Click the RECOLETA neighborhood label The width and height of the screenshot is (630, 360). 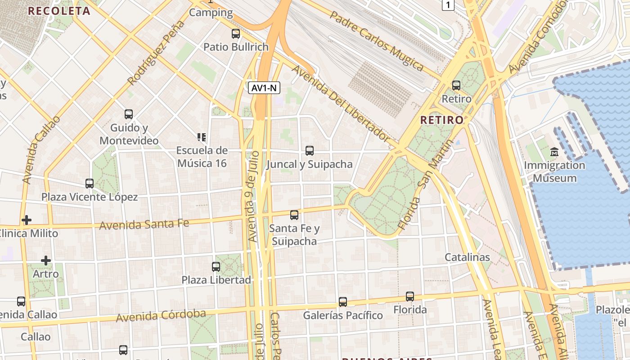tap(59, 11)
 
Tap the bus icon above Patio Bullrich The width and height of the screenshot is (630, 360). tap(236, 34)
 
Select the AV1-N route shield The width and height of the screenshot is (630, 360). tap(264, 88)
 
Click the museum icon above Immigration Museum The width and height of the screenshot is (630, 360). tap(554, 152)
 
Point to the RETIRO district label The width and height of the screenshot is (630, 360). tap(441, 120)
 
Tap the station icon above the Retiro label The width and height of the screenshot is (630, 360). tap(456, 85)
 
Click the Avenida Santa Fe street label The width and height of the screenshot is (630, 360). tap(144, 224)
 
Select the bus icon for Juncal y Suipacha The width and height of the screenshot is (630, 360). tap(310, 151)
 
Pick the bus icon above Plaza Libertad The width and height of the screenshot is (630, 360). tap(216, 267)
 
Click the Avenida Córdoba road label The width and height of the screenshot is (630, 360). tap(161, 315)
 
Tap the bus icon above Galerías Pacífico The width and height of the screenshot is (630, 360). tap(343, 302)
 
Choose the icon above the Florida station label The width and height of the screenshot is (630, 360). tap(410, 297)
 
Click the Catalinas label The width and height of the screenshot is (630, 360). tap(467, 257)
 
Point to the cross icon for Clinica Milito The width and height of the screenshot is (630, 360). tap(27, 220)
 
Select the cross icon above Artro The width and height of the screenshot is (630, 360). tap(45, 261)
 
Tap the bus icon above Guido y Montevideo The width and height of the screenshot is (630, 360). tap(129, 114)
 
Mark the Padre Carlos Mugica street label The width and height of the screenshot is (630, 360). tap(377, 41)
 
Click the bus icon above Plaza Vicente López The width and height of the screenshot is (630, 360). tap(90, 184)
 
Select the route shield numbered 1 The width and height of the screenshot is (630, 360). tap(448, 5)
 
